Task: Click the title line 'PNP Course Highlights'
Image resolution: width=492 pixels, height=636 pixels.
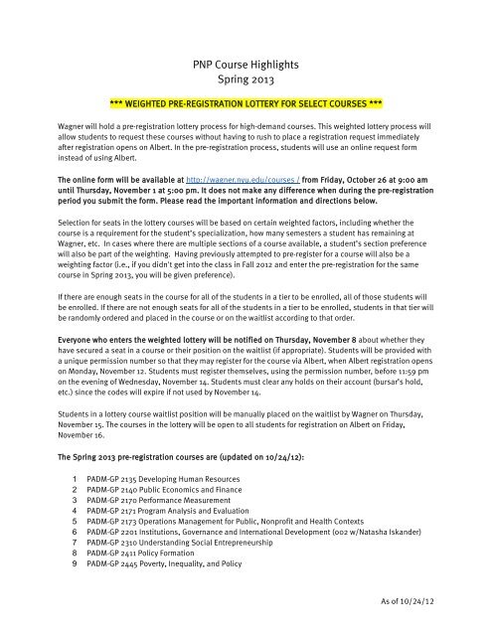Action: (246, 65)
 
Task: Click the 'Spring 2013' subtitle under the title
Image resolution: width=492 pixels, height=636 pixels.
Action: (246, 81)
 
